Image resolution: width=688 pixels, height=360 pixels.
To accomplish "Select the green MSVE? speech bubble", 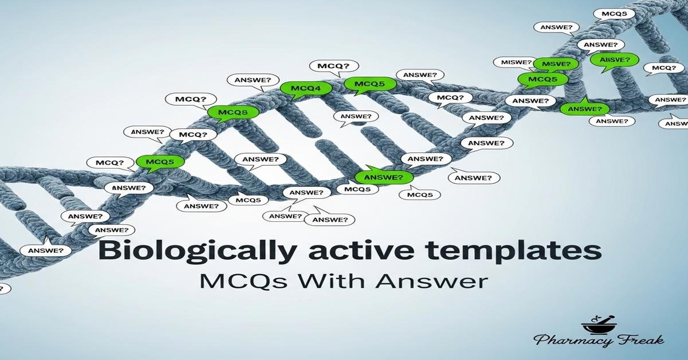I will (552, 64).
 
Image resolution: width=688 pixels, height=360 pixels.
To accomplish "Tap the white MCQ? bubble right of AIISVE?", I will (664, 68).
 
